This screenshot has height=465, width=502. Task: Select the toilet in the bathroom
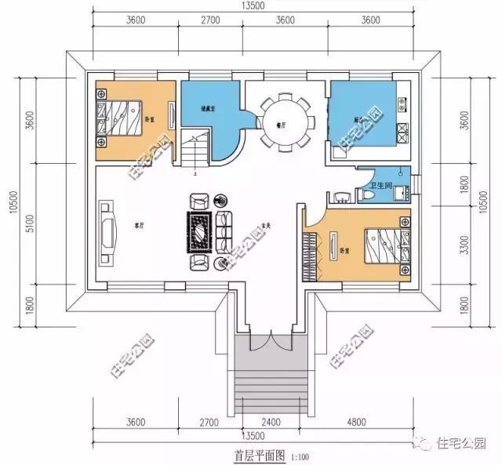[368, 193]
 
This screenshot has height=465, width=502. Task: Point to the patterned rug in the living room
[198, 232]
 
